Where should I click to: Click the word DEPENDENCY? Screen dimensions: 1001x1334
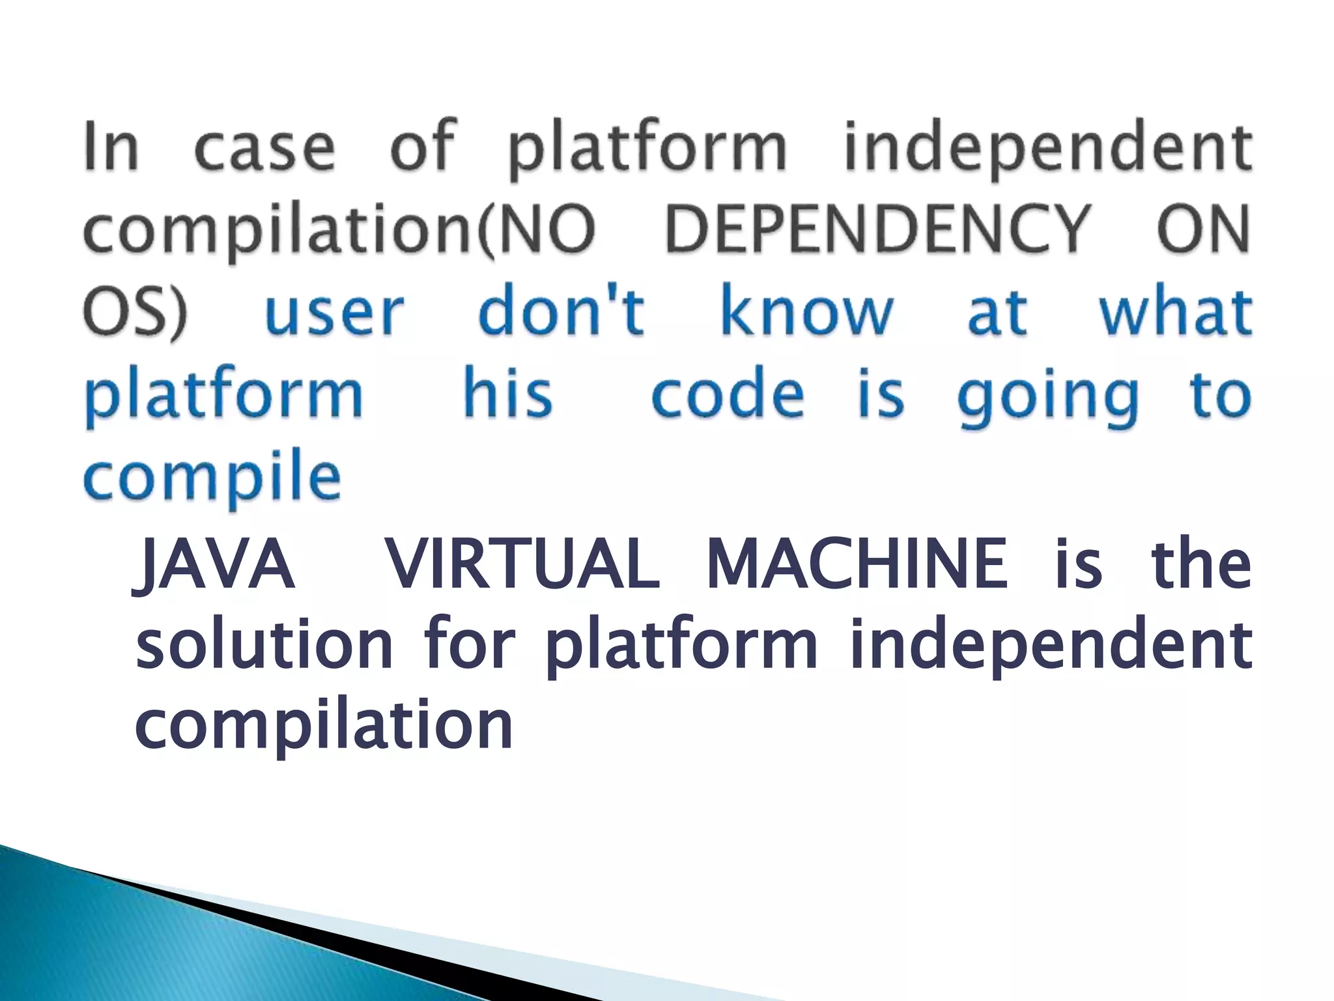coord(876,229)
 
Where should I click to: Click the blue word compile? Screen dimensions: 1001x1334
coord(212,479)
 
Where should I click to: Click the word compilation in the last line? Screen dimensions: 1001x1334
coord(324,726)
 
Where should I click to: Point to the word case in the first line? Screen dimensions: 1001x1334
coord(264,147)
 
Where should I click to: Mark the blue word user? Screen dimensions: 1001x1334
coord(334,313)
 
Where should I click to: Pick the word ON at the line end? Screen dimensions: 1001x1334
coord(1202,229)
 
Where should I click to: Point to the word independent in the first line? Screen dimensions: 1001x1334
coord(1047,147)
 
